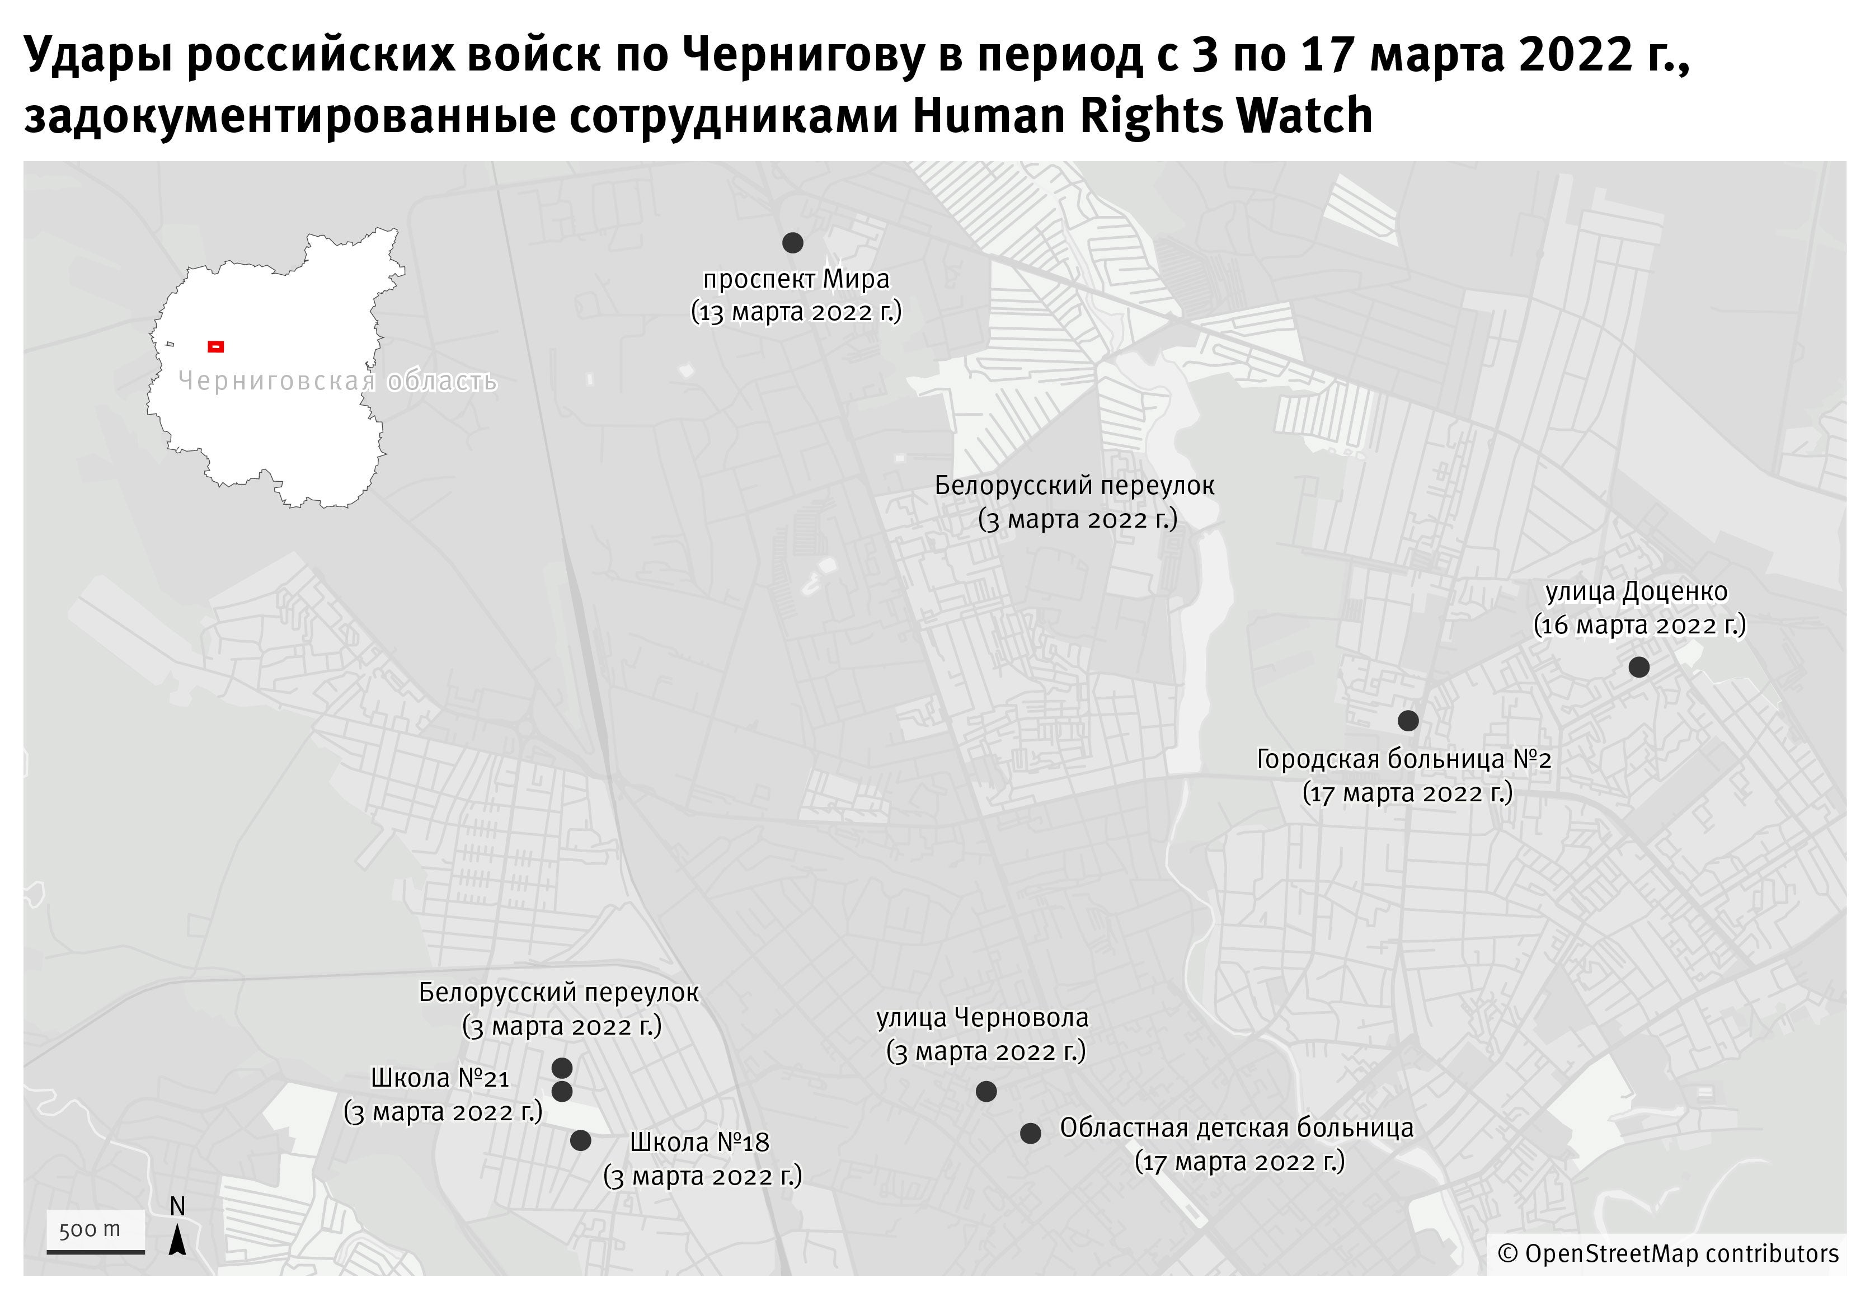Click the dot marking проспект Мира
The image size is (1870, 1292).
click(x=792, y=243)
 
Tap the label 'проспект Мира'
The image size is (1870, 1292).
click(x=796, y=279)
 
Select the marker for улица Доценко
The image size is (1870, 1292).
click(x=1638, y=667)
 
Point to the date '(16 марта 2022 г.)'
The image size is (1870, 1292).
click(x=1639, y=626)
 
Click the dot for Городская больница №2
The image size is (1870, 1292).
click(x=1408, y=721)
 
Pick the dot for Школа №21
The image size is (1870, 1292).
click(x=562, y=1091)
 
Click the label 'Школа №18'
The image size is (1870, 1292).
click(x=699, y=1142)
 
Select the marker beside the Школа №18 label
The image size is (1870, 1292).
click(x=580, y=1140)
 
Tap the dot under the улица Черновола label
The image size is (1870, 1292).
click(x=986, y=1091)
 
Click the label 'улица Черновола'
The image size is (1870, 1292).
click(x=982, y=1018)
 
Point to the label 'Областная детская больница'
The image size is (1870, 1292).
click(x=1236, y=1127)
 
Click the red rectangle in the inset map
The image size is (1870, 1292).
click(x=215, y=346)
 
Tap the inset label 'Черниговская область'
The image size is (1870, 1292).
click(x=337, y=380)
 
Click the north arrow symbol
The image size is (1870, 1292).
click(x=177, y=1239)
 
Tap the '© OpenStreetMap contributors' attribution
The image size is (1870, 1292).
click(x=1667, y=1254)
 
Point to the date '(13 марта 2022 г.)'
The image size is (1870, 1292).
click(x=796, y=312)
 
